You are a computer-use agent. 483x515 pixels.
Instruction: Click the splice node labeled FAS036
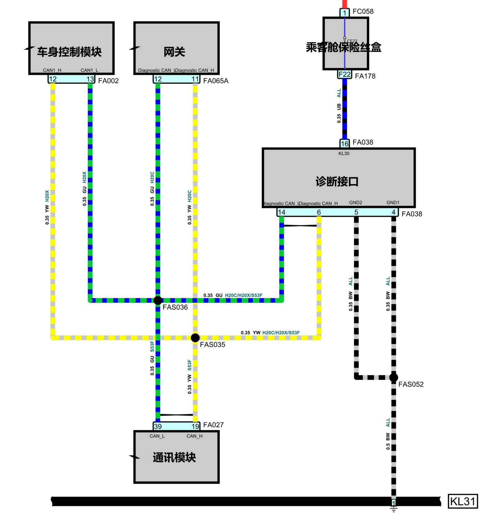point(158,300)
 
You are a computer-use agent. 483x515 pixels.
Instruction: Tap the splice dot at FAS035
point(195,338)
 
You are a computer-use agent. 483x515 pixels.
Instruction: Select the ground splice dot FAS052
point(394,377)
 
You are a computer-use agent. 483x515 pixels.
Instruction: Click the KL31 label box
point(463,501)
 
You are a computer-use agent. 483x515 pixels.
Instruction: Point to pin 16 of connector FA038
point(344,143)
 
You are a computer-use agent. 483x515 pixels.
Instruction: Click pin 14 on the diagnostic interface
point(282,212)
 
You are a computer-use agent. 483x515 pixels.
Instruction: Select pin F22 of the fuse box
point(344,74)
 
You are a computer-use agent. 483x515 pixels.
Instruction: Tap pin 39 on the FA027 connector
point(158,426)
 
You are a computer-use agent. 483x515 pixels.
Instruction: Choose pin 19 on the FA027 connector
point(195,426)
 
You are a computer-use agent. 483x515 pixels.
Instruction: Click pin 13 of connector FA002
point(90,79)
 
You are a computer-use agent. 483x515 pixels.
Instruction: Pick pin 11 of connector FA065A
point(195,79)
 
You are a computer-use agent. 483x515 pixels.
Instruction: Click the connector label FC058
point(363,11)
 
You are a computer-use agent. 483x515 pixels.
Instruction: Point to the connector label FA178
point(365,76)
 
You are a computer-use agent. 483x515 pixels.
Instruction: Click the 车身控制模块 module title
point(69,52)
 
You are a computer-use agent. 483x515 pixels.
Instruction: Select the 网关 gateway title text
point(174,52)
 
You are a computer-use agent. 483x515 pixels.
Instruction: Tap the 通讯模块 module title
point(174,457)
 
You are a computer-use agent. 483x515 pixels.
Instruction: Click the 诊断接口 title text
point(337,181)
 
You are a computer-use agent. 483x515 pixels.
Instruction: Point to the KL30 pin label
point(344,154)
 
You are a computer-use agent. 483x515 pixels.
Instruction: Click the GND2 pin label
point(355,202)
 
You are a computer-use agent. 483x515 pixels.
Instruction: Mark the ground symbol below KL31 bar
point(394,509)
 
